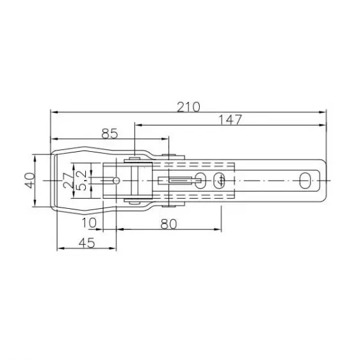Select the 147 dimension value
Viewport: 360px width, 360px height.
(228, 119)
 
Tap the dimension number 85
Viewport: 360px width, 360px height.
(109, 133)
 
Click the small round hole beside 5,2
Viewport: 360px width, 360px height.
(115, 181)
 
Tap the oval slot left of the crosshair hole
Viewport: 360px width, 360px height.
(201, 181)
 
